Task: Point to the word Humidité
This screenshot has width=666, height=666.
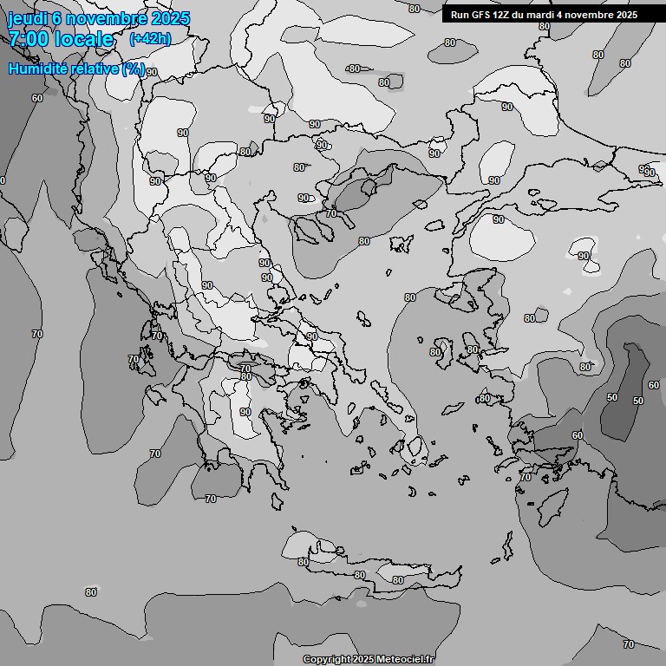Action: pyautogui.click(x=36, y=69)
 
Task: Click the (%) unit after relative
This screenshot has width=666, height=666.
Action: pyautogui.click(x=134, y=69)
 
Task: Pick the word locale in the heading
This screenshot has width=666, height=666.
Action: pyautogui.click(x=84, y=39)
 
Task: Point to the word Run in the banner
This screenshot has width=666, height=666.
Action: pyautogui.click(x=460, y=15)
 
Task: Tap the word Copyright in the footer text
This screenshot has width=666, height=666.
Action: pyautogui.click(x=326, y=659)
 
